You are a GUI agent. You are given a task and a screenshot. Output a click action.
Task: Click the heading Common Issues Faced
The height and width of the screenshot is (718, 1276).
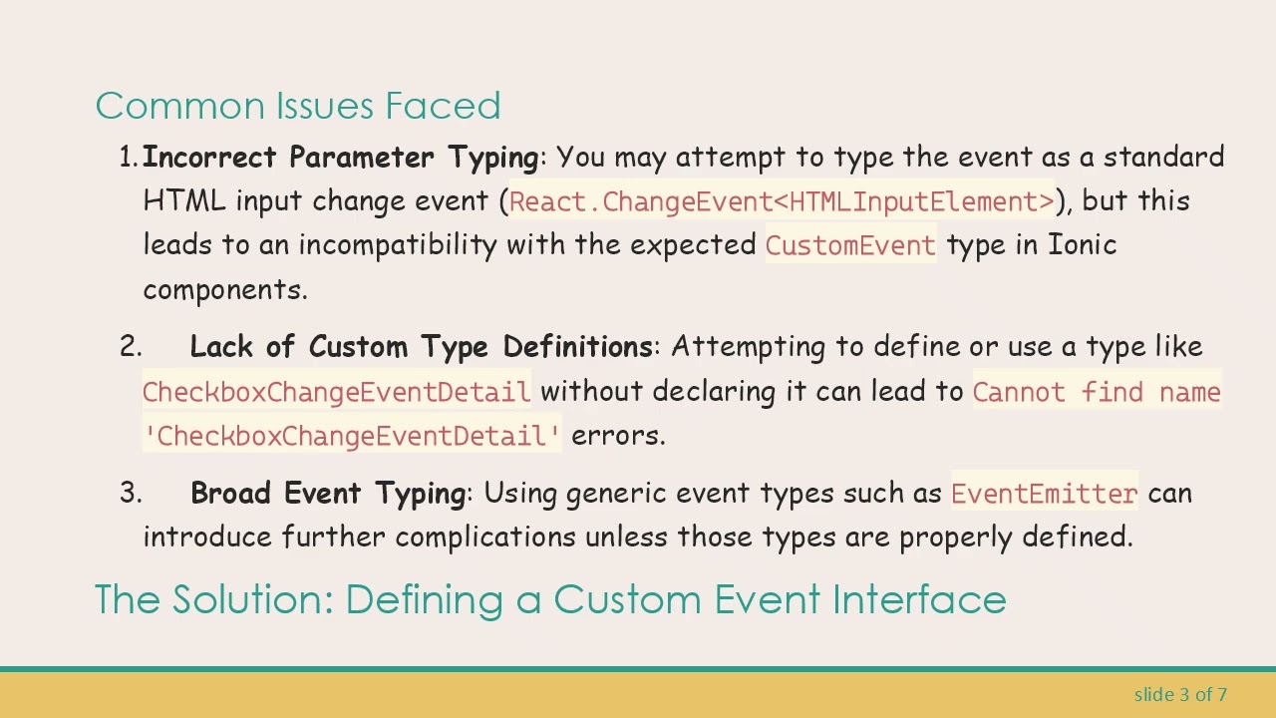click(x=297, y=106)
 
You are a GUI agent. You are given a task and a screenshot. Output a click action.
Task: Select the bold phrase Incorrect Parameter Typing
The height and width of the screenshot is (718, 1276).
click(x=340, y=158)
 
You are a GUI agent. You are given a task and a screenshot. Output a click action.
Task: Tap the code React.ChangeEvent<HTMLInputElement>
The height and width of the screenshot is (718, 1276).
click(x=782, y=201)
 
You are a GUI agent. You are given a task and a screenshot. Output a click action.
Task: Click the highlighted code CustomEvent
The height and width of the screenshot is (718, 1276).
click(x=850, y=245)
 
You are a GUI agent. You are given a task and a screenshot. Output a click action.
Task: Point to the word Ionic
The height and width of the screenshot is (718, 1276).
click(x=1082, y=245)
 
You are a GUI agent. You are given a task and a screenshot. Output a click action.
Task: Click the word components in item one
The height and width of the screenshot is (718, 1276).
click(x=224, y=290)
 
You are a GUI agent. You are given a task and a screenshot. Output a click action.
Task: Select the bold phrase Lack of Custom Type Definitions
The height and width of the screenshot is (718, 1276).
click(x=421, y=347)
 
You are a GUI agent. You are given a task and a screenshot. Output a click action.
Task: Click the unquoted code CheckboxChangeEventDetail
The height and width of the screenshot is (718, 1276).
click(x=336, y=392)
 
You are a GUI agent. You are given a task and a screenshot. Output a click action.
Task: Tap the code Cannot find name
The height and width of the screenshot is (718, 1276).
click(x=1096, y=392)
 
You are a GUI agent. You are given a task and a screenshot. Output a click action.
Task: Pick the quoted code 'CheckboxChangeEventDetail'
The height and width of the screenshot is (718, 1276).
click(x=352, y=436)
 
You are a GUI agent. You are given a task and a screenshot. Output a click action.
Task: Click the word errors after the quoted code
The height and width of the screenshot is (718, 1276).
click(x=617, y=436)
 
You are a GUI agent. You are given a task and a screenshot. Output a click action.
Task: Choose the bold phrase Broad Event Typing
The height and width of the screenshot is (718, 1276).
click(x=327, y=494)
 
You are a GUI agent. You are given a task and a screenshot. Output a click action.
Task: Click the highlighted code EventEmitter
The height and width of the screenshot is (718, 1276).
click(x=1044, y=494)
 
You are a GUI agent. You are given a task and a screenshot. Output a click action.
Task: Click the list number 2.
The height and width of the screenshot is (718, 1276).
click(x=130, y=347)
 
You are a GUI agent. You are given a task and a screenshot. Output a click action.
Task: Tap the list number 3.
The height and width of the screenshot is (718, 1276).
click(x=130, y=494)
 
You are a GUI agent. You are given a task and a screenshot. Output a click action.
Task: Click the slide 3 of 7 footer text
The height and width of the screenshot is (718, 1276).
click(x=1180, y=694)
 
